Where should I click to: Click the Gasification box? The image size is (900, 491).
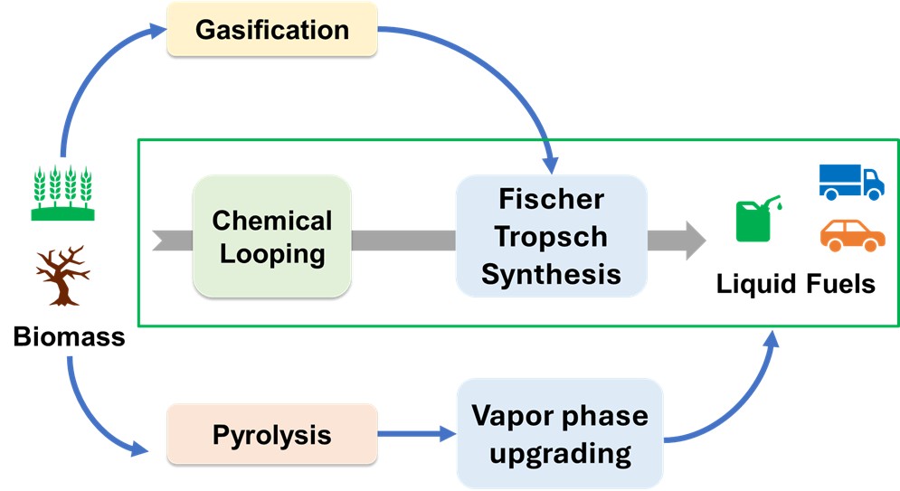[271, 30]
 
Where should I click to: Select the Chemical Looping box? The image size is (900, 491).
[271, 237]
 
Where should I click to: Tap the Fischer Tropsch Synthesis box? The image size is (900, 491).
[551, 237]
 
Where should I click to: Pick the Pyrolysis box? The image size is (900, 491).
[271, 435]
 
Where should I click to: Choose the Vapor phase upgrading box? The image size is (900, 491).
[560, 435]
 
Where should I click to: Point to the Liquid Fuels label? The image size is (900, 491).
[796, 284]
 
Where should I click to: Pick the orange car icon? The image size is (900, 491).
[852, 235]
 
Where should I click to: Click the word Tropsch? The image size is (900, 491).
[551, 237]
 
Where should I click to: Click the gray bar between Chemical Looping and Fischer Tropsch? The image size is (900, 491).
[403, 240]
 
